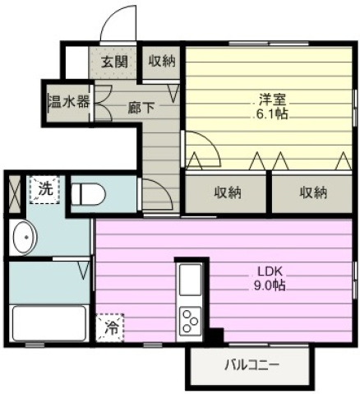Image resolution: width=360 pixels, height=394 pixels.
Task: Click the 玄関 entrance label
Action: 114,62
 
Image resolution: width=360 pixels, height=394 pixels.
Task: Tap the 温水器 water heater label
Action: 69,102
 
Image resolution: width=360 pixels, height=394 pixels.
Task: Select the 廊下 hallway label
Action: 141,108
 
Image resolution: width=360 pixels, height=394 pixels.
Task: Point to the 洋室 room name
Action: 273,100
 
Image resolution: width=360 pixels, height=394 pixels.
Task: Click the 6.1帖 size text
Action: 272,114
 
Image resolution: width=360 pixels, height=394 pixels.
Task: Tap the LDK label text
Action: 270,271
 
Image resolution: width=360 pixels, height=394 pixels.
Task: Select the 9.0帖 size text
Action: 270,285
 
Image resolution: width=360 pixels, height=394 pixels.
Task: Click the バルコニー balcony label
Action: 252,365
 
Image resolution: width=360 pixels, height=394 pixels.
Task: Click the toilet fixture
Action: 88,194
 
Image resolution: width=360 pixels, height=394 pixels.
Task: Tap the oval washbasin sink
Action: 25,237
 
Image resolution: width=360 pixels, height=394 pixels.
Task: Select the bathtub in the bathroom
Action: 49,323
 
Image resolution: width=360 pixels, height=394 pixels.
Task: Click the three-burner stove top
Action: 190,321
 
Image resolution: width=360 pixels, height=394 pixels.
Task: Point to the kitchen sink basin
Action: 190,280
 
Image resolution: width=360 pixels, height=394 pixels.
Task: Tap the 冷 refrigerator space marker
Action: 110,327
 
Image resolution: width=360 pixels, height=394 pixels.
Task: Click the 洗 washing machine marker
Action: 44,190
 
